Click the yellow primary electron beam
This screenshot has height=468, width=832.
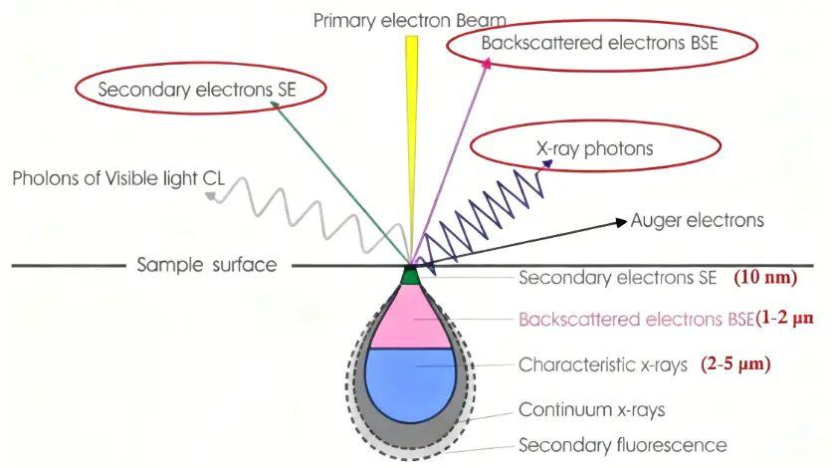coord(411,149)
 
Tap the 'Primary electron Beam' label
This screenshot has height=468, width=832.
coord(410,20)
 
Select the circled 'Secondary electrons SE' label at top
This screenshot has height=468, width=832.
coord(197,90)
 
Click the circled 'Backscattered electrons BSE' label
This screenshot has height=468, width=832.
coord(599,43)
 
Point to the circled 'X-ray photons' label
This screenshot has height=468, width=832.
coord(594,148)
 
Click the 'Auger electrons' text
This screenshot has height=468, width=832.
coord(698,220)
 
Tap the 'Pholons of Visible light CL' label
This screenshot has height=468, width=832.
coord(118,178)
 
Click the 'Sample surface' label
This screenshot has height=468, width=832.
coord(207,264)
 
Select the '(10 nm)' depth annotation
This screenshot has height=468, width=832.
coord(765,277)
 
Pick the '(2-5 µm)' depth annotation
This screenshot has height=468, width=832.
coord(735,364)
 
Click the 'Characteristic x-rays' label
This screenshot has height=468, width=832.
coord(603,364)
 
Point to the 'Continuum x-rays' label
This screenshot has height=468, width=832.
coord(591,409)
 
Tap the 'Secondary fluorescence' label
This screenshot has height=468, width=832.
coord(622,445)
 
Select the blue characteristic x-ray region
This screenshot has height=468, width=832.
coord(411,383)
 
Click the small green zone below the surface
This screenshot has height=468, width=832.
coord(410,277)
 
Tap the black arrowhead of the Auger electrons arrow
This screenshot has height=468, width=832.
coord(621,222)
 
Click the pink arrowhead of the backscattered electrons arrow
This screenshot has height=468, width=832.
coord(486,63)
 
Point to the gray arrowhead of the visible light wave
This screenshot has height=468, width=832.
coord(211,197)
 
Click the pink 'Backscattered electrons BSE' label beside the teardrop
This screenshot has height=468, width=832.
coord(636,319)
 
